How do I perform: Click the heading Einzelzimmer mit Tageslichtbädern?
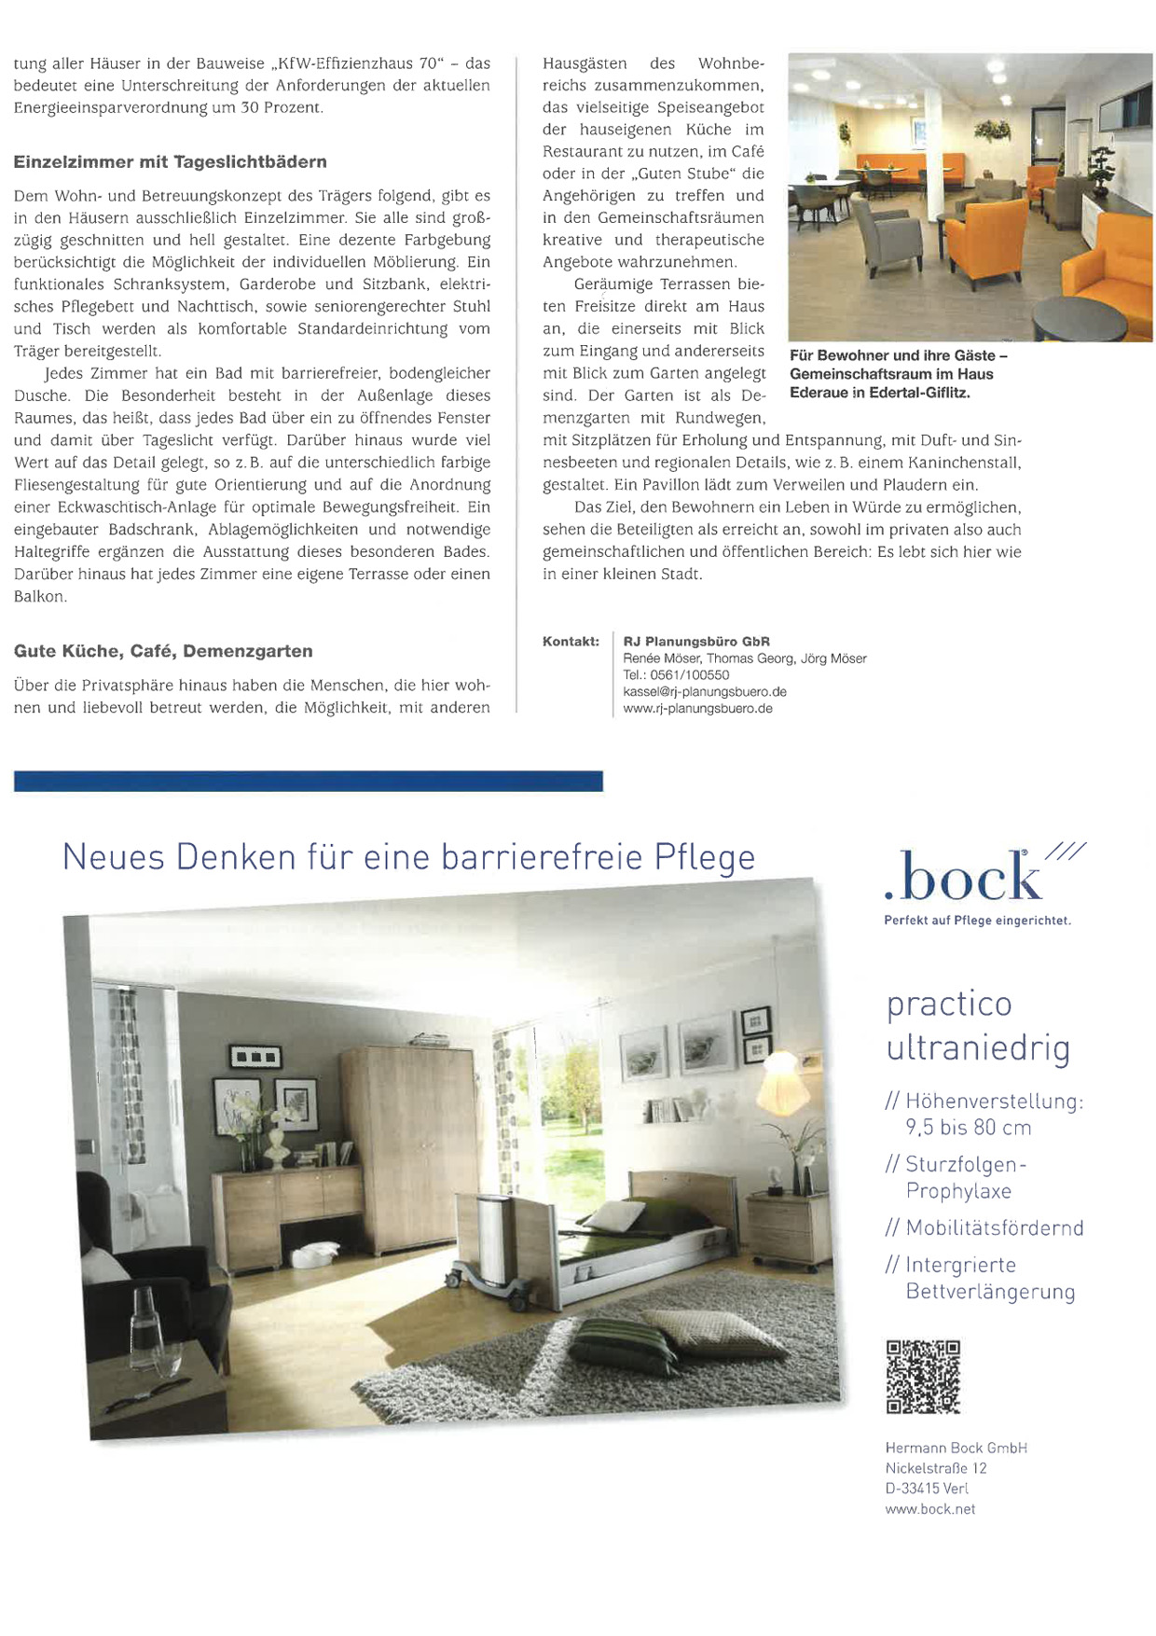[170, 162]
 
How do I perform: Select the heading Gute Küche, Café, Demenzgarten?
[163, 651]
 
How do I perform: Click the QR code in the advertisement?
[922, 1377]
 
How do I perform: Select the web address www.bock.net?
[929, 1509]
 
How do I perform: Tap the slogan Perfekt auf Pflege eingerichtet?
[977, 922]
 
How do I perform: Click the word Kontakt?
[571, 642]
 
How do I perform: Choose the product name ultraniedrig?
[978, 1048]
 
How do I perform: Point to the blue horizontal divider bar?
[308, 781]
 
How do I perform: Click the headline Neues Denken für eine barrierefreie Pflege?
[408, 857]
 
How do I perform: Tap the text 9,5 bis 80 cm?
[968, 1128]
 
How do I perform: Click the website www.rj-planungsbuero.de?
[697, 709]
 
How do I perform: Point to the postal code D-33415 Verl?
[927, 1489]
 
